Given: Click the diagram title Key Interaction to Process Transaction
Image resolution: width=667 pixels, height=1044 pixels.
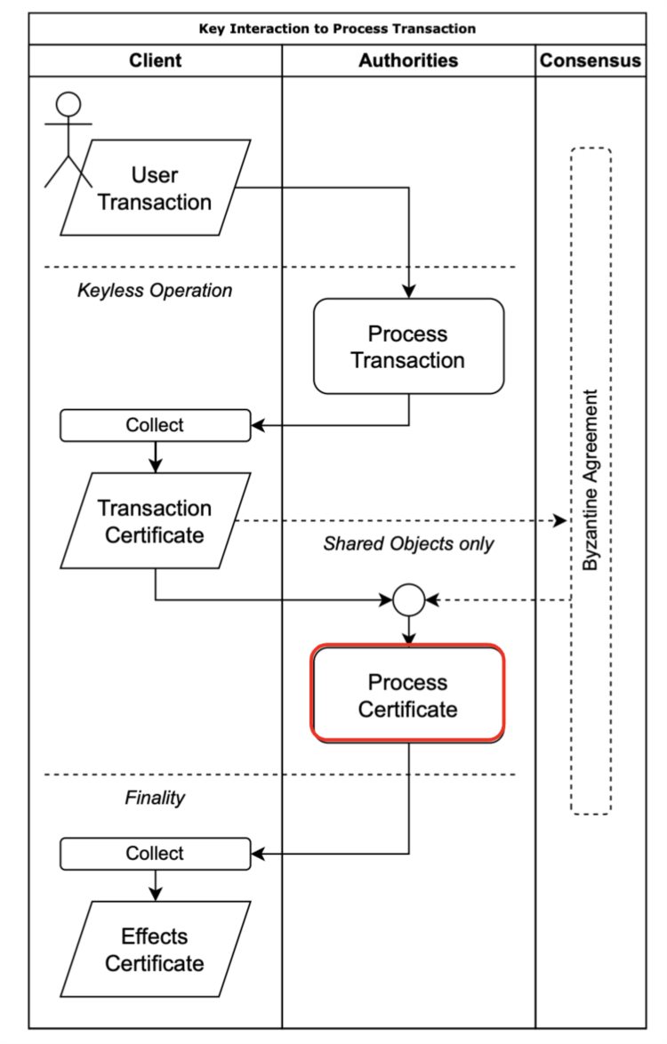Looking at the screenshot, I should click(337, 28).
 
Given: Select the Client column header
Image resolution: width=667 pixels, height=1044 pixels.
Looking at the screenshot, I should click(156, 60).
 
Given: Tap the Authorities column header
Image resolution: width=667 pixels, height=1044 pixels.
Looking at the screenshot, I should click(408, 60).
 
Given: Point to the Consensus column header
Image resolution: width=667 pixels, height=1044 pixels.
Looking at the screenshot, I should click(591, 60).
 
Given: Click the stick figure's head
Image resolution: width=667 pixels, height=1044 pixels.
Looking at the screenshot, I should click(68, 104).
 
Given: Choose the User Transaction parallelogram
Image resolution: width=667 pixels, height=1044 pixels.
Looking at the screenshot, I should click(156, 188).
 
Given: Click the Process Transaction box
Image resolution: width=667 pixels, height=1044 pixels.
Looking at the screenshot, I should click(408, 347).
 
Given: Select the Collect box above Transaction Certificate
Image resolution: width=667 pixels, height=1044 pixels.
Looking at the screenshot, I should click(155, 425).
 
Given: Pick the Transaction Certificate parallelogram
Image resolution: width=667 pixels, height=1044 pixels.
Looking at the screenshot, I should click(156, 521).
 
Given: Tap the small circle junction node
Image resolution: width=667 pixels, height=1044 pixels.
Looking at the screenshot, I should click(408, 600).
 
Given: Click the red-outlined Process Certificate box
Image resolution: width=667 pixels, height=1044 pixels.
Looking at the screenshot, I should click(408, 695).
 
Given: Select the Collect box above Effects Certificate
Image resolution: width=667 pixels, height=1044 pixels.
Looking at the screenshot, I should click(155, 853).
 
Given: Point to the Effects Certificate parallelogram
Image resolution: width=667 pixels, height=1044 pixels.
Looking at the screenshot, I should click(156, 949).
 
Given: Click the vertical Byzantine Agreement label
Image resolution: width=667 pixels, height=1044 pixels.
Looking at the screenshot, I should click(591, 480).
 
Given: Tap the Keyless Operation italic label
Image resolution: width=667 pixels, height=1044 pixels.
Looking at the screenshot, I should click(155, 290).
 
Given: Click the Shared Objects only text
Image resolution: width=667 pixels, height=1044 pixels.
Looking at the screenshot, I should click(408, 543).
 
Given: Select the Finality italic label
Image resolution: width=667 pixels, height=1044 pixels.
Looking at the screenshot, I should click(155, 798).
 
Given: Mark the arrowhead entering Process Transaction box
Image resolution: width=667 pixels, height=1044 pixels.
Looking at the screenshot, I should click(408, 292).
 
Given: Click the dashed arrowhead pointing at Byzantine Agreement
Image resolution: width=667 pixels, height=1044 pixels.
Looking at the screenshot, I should click(560, 520).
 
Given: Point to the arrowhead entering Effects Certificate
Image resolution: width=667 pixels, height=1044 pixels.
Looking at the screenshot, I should click(156, 894).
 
